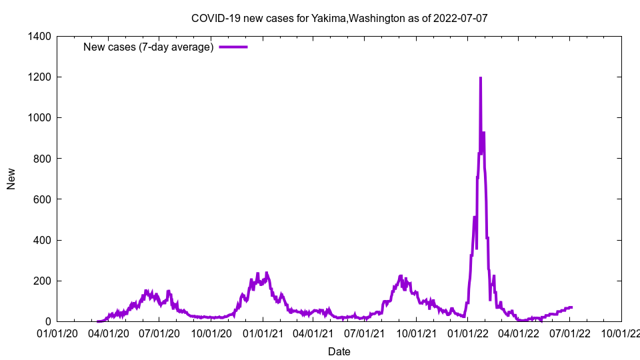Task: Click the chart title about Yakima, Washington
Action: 339,18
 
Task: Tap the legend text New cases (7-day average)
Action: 148,47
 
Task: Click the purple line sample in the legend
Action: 233,47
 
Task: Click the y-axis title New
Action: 11,179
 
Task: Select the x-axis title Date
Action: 339,351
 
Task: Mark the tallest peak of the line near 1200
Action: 480,78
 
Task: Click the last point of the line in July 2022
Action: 572,307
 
